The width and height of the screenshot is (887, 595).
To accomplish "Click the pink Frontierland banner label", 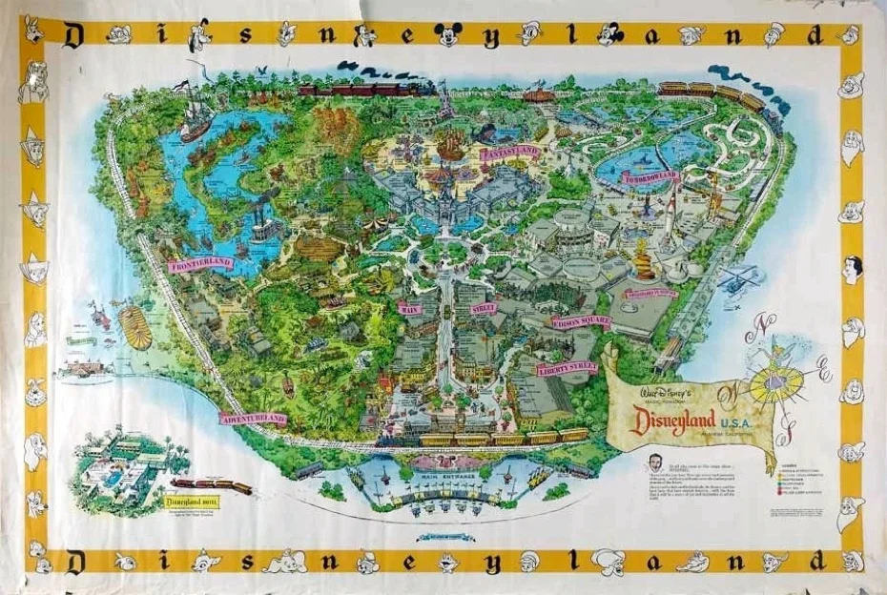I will pos(200,264).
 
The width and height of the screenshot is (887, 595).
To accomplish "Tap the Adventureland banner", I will pos(254,418).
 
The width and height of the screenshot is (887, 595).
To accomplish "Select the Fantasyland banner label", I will pos(510,153).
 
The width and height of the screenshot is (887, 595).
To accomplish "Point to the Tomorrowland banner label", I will pos(651,176).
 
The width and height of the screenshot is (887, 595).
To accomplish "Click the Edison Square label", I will pos(581,322).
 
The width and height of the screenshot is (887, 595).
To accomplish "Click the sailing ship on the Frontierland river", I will pos(197,114).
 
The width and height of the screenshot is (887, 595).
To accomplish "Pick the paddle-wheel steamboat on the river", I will pos(267,229).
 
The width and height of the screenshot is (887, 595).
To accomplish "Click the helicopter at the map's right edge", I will pos(739,278).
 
